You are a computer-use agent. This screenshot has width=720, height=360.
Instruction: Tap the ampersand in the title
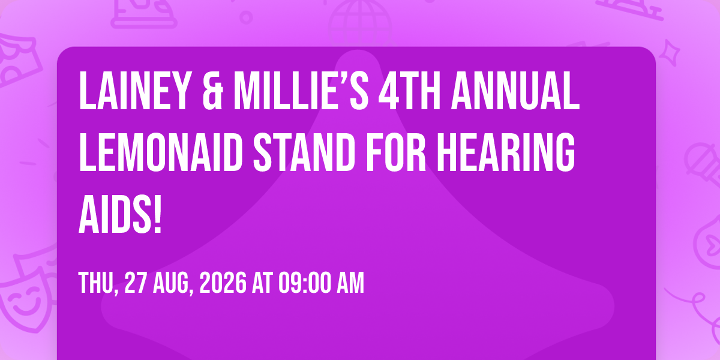click(x=213, y=91)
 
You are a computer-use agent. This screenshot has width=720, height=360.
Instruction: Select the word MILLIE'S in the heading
click(x=301, y=91)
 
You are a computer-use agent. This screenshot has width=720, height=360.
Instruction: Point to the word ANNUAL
click(x=515, y=91)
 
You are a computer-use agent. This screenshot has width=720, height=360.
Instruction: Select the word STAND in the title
click(x=304, y=152)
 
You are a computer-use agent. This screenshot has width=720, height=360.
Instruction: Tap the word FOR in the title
click(x=396, y=152)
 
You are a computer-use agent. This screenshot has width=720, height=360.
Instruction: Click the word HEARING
click(x=506, y=152)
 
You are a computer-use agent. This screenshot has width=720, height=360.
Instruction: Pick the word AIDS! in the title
click(x=120, y=214)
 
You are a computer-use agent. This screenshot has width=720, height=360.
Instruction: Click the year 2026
click(x=223, y=283)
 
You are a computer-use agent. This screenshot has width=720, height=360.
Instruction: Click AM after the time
click(x=350, y=283)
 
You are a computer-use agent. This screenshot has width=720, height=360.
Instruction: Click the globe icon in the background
click(x=360, y=23)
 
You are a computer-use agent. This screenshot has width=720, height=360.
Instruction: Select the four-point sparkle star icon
click(x=670, y=53)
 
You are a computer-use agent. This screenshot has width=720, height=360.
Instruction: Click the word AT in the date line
click(x=263, y=283)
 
